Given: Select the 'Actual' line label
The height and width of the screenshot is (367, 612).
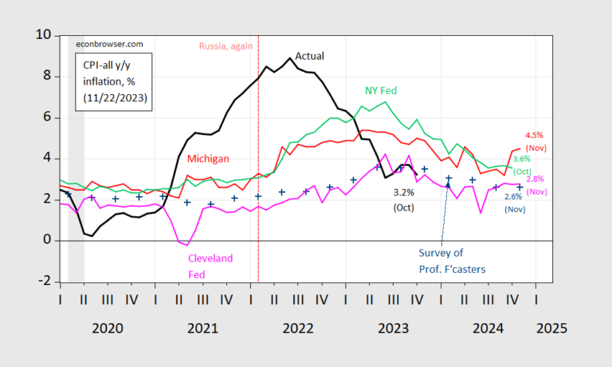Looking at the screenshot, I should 310,56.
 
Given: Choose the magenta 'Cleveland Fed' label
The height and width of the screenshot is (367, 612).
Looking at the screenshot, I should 210,265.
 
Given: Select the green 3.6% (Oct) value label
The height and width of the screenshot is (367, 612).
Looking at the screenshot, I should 522,165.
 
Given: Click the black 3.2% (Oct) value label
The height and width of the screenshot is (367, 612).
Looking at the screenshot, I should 405,199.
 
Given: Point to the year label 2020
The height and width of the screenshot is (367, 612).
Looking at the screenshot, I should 108,327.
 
